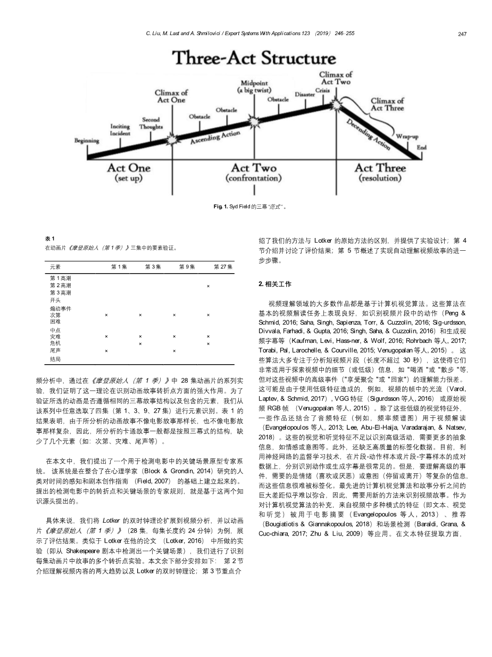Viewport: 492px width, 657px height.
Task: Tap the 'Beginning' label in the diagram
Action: click(x=86, y=141)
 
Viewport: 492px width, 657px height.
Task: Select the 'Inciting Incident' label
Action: click(x=120, y=130)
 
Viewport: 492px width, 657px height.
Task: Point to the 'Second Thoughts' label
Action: click(x=151, y=124)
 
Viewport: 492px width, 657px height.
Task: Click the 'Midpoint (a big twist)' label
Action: click(x=254, y=87)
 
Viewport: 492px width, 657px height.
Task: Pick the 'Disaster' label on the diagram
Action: click(x=305, y=94)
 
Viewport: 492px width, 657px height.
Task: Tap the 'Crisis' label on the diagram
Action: click(x=322, y=91)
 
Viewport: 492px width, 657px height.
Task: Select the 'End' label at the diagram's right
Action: click(x=421, y=147)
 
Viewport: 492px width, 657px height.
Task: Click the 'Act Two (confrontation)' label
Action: click(x=254, y=172)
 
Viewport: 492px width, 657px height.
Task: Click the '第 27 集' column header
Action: click(x=223, y=267)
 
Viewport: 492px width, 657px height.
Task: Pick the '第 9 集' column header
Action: click(x=187, y=267)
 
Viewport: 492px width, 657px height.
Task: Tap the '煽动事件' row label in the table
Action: click(x=60, y=308)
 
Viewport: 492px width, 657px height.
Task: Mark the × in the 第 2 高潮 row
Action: click(x=208, y=286)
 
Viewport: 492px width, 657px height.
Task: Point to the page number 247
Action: click(x=462, y=34)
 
